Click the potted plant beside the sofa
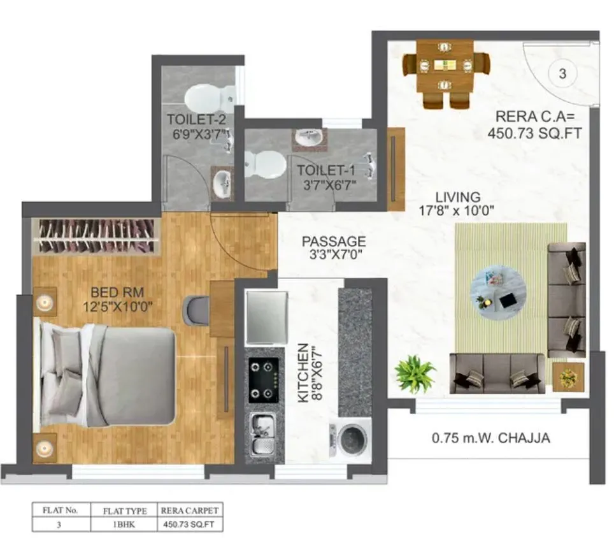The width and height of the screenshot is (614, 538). pyautogui.click(x=415, y=373)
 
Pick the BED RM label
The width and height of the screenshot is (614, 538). pyautogui.click(x=117, y=293)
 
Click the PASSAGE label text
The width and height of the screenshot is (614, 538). pyautogui.click(x=334, y=242)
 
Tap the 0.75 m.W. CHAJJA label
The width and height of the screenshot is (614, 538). pyautogui.click(x=490, y=438)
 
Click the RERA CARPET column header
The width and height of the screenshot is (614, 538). pyautogui.click(x=190, y=510)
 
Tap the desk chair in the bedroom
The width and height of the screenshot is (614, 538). pyautogui.click(x=195, y=309)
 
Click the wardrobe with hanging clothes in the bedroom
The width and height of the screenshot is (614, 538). pyautogui.click(x=96, y=236)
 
